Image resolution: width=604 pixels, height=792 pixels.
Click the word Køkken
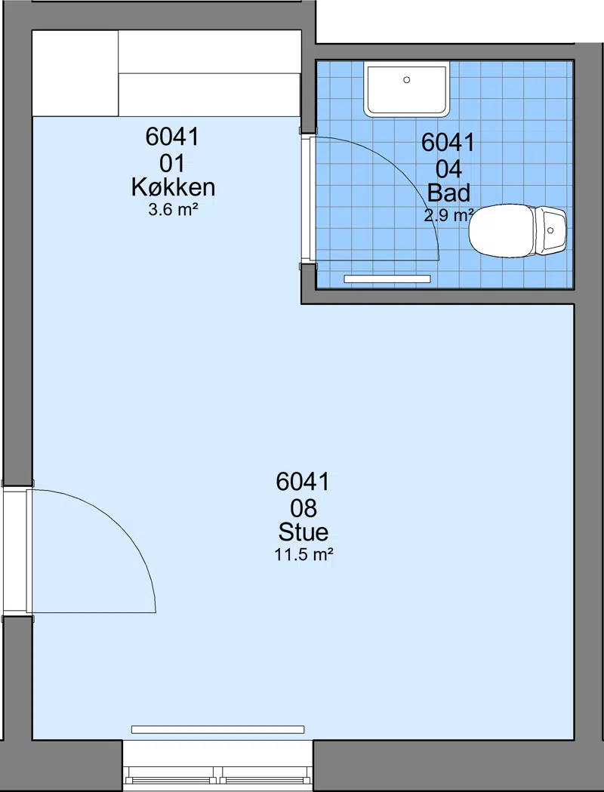click(173, 187)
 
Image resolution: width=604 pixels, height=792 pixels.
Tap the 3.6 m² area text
click(173, 210)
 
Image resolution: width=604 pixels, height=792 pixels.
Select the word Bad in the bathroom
click(449, 193)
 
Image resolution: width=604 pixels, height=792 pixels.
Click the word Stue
click(304, 532)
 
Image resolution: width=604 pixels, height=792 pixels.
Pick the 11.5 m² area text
click(304, 555)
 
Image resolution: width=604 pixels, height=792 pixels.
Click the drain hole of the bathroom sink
click(407, 80)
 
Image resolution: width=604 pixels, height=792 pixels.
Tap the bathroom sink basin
click(406, 89)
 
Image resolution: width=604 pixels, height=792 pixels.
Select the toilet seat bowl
click(501, 230)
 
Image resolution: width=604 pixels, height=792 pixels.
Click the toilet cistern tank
click(551, 230)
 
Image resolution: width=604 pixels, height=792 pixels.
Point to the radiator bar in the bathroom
click(387, 279)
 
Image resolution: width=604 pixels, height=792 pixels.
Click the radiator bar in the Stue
click(217, 729)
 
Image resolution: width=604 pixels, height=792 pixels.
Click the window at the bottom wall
click(217, 766)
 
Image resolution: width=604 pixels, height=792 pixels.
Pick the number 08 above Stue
click(304, 508)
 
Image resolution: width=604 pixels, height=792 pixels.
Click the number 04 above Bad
click(449, 169)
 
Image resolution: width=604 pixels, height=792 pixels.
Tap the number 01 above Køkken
click(173, 164)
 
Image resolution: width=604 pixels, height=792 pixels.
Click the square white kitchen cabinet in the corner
click(75, 73)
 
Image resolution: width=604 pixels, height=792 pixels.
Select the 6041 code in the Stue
click(303, 482)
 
